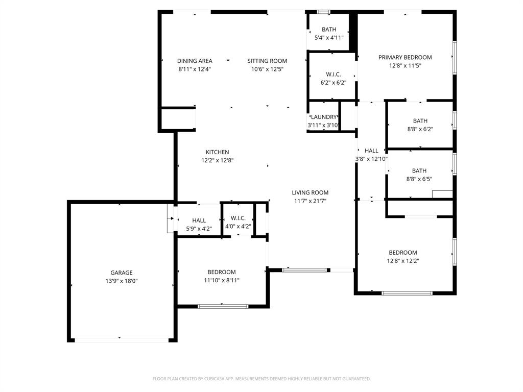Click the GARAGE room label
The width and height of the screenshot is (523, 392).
pos(122,273)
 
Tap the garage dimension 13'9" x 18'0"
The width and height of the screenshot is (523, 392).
pos(122,281)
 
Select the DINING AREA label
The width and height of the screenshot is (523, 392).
pos(195,61)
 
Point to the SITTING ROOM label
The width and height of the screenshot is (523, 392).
pos(267,61)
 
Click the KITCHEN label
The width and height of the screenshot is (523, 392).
pos(217,152)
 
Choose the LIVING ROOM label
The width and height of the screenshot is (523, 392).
pos(310,192)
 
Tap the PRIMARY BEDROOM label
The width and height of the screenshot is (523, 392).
pos(405,58)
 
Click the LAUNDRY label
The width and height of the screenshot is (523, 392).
pos(324,117)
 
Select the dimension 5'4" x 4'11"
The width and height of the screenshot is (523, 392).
pos(328,38)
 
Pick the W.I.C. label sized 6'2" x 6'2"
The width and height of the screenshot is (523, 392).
pos(333,75)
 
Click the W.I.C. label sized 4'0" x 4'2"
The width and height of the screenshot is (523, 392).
pos(238,218)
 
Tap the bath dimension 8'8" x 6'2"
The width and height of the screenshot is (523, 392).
pos(420,130)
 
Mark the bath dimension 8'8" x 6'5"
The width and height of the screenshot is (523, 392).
pos(420,179)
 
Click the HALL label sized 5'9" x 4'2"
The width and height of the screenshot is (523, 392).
pos(199,220)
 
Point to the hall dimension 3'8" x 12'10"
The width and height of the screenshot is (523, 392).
pos(372,159)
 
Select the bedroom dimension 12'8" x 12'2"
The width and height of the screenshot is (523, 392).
pos(403,261)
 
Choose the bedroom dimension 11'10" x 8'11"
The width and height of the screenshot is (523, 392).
pos(222,280)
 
